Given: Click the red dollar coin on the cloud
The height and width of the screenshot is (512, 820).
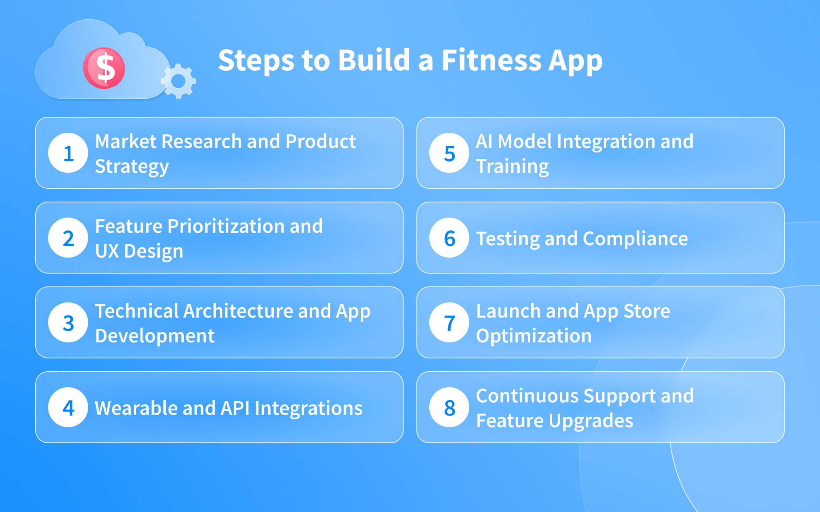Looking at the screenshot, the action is [x=104, y=68].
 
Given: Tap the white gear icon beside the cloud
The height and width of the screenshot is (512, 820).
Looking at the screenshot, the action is [x=178, y=81].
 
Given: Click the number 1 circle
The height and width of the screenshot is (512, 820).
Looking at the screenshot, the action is [x=68, y=153].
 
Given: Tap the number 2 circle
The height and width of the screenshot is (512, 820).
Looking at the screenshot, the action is [x=68, y=238].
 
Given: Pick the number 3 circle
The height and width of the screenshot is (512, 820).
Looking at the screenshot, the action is [x=68, y=322].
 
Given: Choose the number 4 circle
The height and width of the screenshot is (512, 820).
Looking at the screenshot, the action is [x=68, y=407].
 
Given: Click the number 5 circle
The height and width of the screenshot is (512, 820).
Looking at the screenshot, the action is [x=449, y=153].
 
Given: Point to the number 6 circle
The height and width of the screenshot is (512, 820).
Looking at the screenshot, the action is [x=449, y=238].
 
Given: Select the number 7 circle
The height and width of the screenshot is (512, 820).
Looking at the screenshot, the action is [x=449, y=322].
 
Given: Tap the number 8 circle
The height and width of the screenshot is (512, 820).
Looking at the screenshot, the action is [x=449, y=407].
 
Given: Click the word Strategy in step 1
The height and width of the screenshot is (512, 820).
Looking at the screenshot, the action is [x=132, y=167].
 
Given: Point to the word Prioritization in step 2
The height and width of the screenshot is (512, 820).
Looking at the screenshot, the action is [x=226, y=226].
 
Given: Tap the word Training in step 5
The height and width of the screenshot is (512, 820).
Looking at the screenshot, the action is [x=512, y=167].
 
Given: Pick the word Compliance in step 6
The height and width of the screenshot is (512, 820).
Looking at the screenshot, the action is [x=635, y=239].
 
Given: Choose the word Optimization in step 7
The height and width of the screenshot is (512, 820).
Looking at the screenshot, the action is [x=534, y=336].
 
